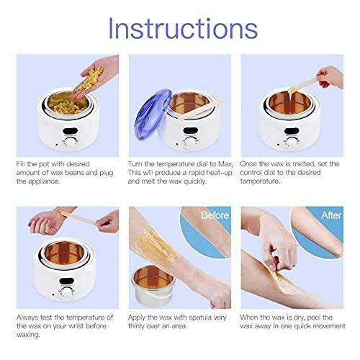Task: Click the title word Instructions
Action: point(180,29)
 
